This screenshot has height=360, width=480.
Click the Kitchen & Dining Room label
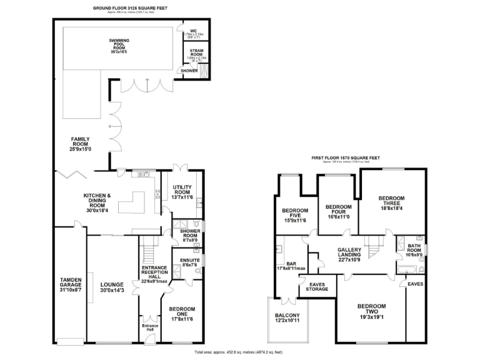tap(97, 200)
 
